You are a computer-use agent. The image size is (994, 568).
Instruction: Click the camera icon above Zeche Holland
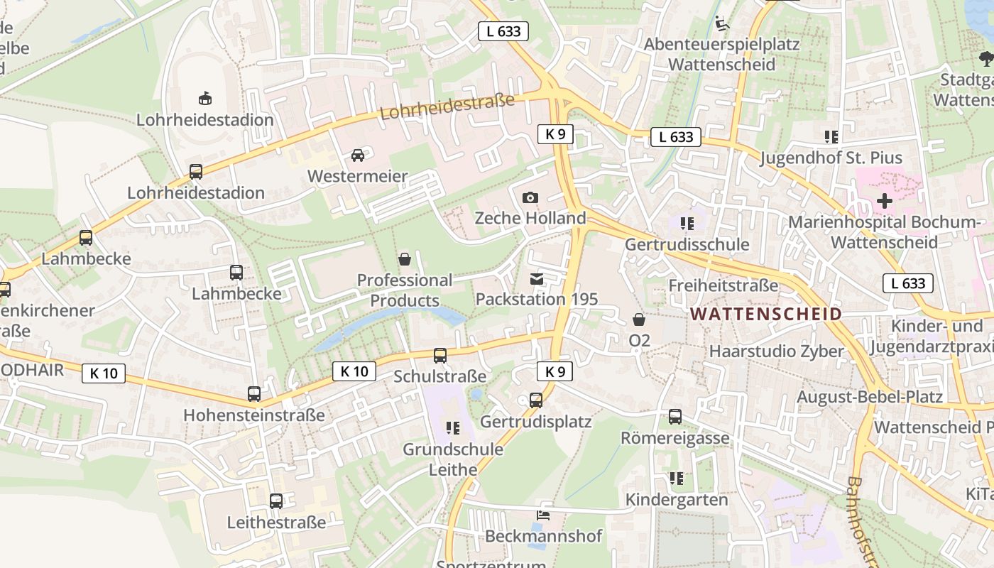pyautogui.click(x=530, y=197)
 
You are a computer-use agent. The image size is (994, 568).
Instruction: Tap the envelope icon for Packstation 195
pyautogui.click(x=537, y=279)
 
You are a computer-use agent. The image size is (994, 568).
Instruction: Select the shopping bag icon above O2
pyautogui.click(x=639, y=319)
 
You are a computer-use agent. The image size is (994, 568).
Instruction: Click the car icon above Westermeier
pyautogui.click(x=358, y=155)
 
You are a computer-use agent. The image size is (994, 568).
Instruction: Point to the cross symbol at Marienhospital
pyautogui.click(x=884, y=201)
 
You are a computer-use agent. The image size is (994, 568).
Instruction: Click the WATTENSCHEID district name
pyautogui.click(x=766, y=313)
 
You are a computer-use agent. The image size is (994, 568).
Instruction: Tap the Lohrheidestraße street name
pyautogui.click(x=447, y=106)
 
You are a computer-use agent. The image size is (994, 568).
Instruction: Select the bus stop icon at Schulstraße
pyautogui.click(x=440, y=355)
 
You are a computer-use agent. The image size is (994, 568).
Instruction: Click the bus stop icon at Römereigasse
pyautogui.click(x=675, y=417)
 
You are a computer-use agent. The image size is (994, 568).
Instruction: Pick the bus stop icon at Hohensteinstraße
pyautogui.click(x=254, y=393)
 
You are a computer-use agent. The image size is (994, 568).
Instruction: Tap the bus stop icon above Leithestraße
pyautogui.click(x=276, y=501)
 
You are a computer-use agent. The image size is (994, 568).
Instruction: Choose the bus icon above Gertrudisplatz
pyautogui.click(x=536, y=400)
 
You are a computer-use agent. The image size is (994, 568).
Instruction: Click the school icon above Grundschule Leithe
pyautogui.click(x=453, y=427)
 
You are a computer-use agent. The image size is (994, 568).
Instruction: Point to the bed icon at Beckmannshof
pyautogui.click(x=543, y=515)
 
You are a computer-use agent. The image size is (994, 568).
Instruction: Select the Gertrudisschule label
pyautogui.click(x=687, y=244)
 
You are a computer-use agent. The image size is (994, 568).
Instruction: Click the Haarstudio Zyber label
pyautogui.click(x=776, y=351)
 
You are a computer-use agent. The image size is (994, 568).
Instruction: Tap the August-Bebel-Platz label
pyautogui.click(x=869, y=396)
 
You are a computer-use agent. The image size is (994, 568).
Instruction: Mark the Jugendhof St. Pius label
pyautogui.click(x=831, y=158)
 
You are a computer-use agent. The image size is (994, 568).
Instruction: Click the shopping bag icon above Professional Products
pyautogui.click(x=405, y=259)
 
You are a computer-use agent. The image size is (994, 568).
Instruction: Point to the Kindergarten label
pyautogui.click(x=677, y=500)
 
